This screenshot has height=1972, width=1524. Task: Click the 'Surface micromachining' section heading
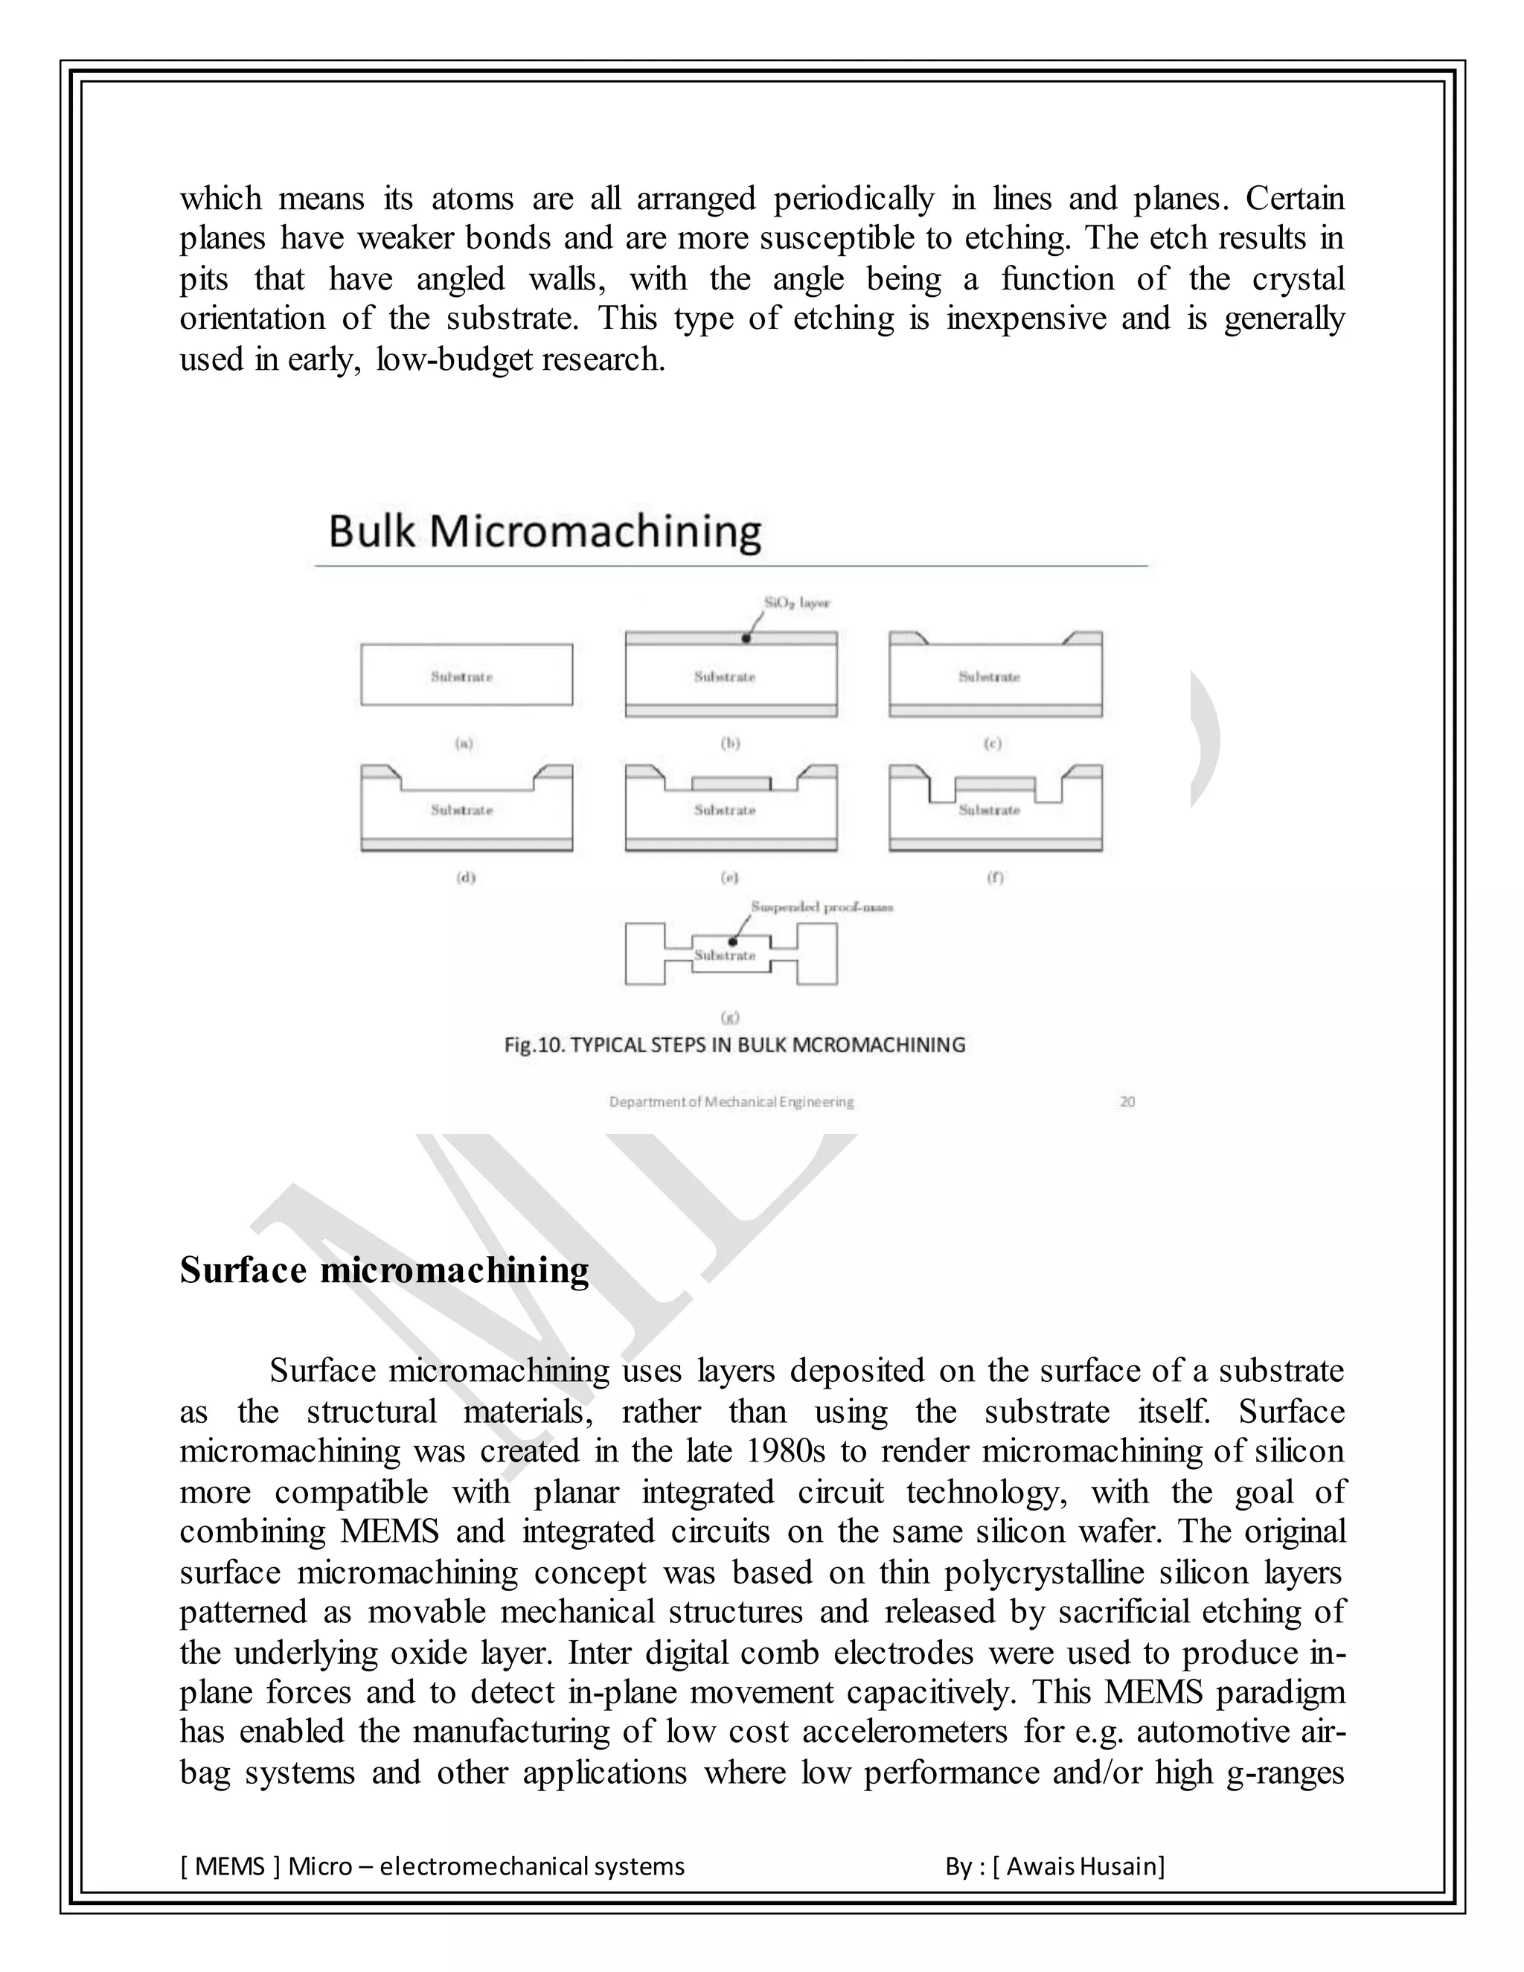tap(384, 1270)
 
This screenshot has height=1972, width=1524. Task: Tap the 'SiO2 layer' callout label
tap(796, 602)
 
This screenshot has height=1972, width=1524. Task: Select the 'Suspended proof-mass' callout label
tap(822, 906)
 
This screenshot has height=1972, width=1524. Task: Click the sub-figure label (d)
tap(466, 877)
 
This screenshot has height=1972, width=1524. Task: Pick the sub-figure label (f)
tap(994, 877)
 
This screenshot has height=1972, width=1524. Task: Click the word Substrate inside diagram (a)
tap(461, 676)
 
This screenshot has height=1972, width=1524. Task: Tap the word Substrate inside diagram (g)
tap(724, 955)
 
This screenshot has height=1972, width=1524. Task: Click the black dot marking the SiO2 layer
tap(746, 638)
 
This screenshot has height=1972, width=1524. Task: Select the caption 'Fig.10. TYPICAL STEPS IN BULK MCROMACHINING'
tap(734, 1045)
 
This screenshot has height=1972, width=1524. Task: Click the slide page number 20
tap(1127, 1101)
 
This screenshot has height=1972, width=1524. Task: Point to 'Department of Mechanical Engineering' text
tap(731, 1101)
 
